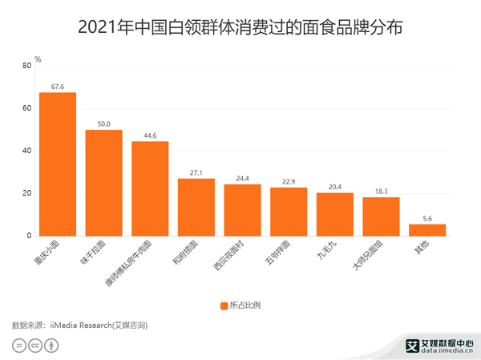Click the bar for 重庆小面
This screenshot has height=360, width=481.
pos(58,164)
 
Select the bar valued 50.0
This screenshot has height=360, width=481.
pos(103,183)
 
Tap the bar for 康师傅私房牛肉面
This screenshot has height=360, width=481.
pos(150,188)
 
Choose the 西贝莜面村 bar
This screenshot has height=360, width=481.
pos(242,210)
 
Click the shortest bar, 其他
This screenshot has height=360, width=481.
pos(426,230)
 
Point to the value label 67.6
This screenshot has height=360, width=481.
pos(58,86)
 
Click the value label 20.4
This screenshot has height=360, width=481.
pos(334,186)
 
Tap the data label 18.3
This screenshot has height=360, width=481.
pos(381,191)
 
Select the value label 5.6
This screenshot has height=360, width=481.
pos(426,217)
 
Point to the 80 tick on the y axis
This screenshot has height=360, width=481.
pos(28,66)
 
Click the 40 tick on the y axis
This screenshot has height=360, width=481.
pos(28,151)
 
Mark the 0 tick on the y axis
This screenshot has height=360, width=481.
pos(30,236)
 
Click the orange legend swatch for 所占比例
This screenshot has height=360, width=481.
pos(224,305)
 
